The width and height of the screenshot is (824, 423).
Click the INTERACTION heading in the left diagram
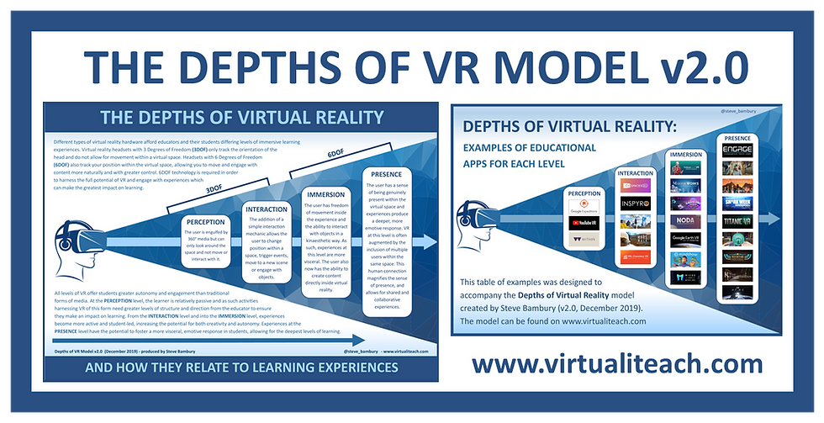[268, 208]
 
